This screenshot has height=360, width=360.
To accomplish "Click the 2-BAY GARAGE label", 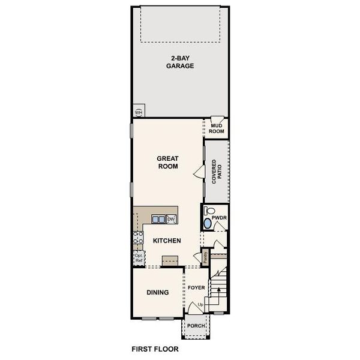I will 180,62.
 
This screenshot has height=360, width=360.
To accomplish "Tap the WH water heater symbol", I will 139,112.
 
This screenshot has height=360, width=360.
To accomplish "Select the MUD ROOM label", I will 217,128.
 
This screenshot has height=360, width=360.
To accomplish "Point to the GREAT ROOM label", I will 168,163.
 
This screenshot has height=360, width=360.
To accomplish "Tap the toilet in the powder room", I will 208,211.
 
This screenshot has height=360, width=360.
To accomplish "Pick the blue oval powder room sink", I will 208,224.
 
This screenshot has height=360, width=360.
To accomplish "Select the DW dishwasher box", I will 171,219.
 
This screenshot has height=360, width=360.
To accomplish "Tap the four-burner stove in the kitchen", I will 138,240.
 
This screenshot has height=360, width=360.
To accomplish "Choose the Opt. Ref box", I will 139,258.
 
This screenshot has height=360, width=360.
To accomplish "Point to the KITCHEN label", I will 167,240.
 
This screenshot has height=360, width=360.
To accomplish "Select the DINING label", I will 158,293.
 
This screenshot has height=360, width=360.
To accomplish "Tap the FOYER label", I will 196,288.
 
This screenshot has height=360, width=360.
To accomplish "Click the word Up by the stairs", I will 200,305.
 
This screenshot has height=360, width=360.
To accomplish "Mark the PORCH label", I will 196,326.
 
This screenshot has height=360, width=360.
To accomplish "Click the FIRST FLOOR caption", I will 155,348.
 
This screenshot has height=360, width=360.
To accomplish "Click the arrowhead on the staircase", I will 218,289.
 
